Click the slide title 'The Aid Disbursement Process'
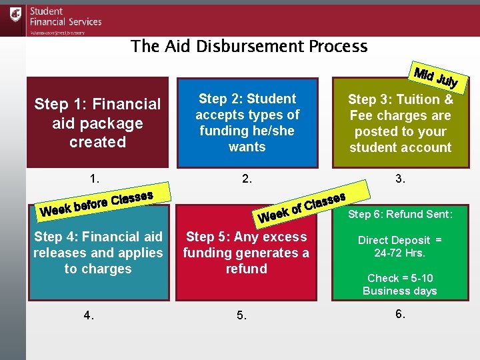249,46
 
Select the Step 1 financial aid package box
97,123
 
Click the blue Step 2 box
247,123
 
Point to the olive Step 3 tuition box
400,123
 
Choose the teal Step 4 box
98,253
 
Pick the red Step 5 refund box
246,253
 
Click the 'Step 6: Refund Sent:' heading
400,214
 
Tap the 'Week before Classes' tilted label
97,203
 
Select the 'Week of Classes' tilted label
301,207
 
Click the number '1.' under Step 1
95,178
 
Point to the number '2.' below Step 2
247,178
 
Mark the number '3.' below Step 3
400,178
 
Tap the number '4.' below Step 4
89,315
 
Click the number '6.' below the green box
400,314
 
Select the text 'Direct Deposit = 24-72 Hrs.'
400,246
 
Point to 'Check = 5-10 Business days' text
400,284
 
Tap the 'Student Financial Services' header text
65,17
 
